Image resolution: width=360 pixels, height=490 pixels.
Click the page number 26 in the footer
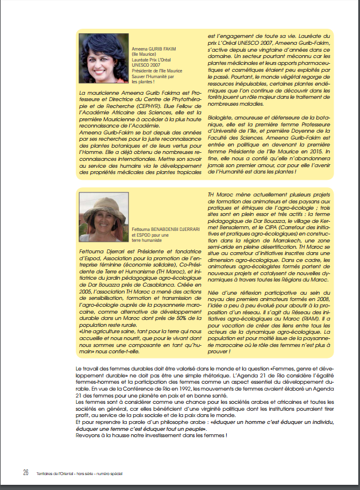click(x=26, y=473)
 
